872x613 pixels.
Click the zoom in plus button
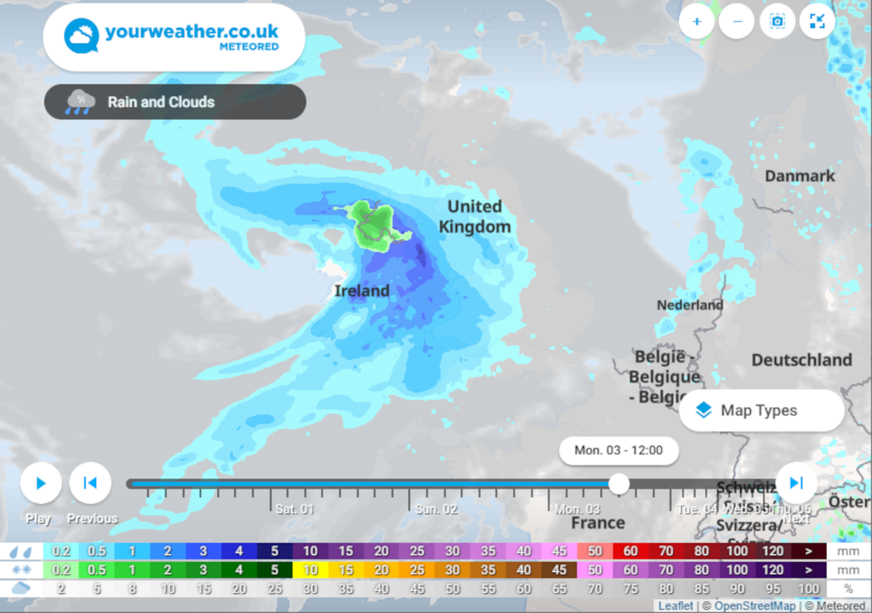click(x=697, y=21)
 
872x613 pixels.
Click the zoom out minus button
click(x=737, y=21)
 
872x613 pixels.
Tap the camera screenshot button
click(x=777, y=21)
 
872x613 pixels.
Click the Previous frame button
click(x=90, y=483)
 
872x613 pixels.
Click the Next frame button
click(x=796, y=483)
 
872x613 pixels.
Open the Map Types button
click(x=761, y=410)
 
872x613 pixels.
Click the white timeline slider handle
click(x=619, y=484)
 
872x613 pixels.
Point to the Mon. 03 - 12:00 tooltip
click(x=619, y=450)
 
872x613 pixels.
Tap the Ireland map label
click(x=362, y=291)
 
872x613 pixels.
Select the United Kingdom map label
click(x=475, y=217)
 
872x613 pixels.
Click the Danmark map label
click(x=800, y=176)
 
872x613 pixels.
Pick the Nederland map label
click(x=689, y=305)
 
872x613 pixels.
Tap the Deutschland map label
click(x=801, y=360)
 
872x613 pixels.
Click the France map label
click(x=597, y=523)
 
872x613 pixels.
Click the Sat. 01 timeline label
click(x=294, y=509)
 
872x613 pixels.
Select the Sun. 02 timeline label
click(x=436, y=509)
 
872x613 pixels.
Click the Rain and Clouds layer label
click(x=161, y=102)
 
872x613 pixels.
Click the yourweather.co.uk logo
click(x=174, y=37)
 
